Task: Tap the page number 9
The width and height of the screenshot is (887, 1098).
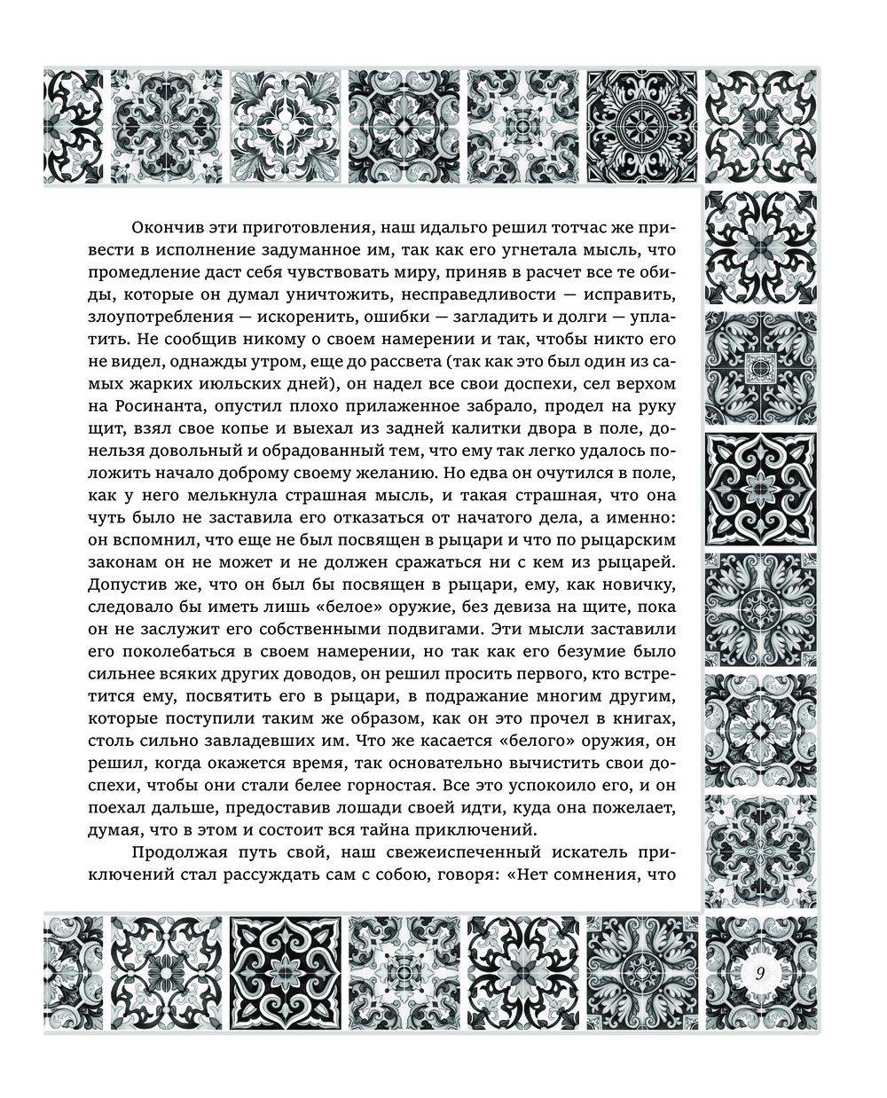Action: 761,971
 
